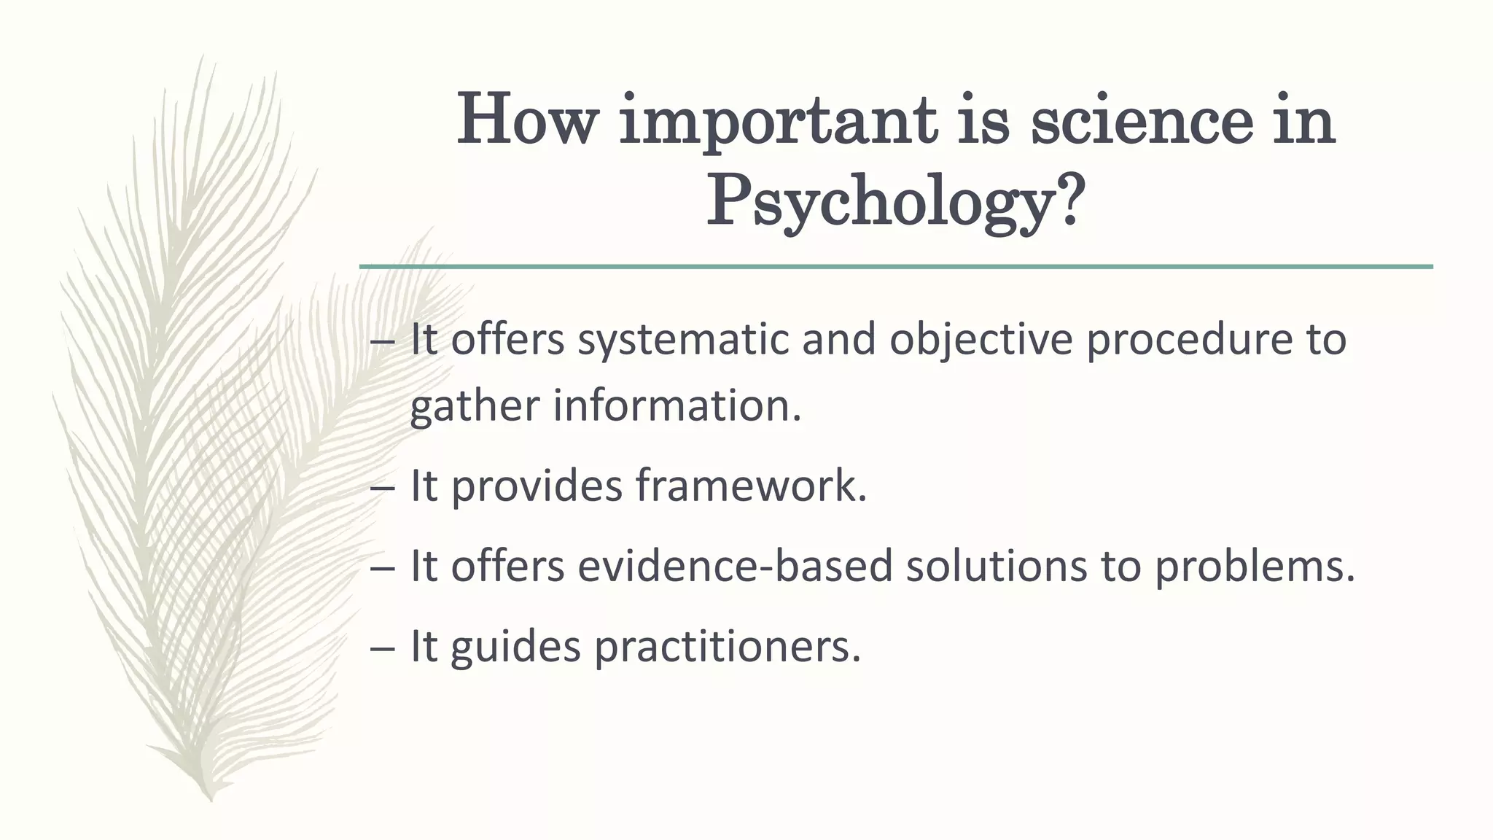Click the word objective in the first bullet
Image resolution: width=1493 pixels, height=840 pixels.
(x=981, y=341)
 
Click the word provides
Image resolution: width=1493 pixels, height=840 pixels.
(x=537, y=486)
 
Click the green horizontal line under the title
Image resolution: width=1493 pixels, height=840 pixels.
(x=896, y=267)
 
